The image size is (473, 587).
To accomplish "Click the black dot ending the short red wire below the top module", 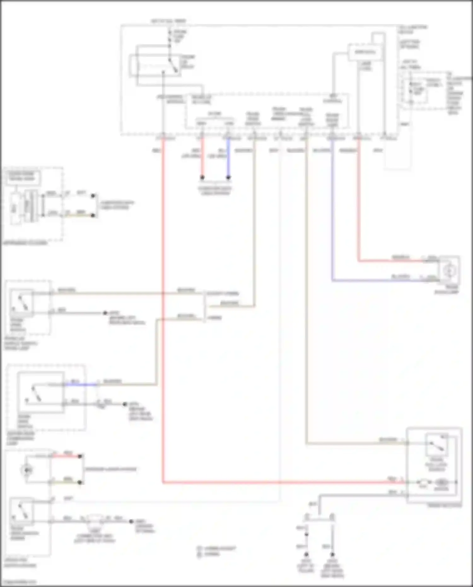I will point(202,178).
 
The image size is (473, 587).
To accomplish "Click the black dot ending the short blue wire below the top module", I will point(228,178).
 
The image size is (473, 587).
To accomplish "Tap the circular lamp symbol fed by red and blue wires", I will point(449,270).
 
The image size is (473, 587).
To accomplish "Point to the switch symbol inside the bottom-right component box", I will point(436,445).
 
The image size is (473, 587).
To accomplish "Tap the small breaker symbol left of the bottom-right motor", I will point(423,483).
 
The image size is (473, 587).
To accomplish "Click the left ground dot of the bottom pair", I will point(306,554).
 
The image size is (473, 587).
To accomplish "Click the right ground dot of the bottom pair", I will point(332,554).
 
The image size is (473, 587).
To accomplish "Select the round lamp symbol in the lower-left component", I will point(27,470).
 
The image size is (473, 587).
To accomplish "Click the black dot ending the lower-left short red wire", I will point(80,456).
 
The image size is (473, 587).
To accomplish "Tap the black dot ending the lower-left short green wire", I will point(80,482).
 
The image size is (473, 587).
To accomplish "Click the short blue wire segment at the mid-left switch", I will point(80,384).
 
